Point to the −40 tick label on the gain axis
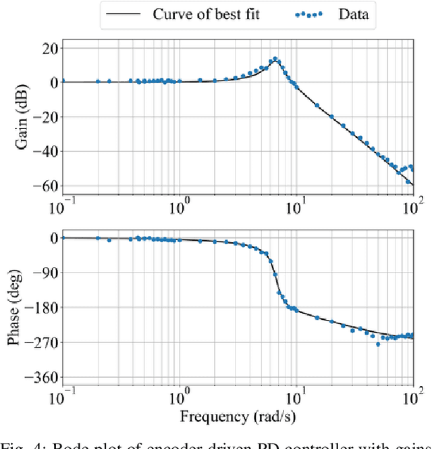pos(44,151)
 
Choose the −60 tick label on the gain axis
pos(44,185)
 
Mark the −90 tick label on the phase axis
pos(44,273)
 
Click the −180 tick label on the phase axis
pos(40,307)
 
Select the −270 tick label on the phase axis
pos(40,342)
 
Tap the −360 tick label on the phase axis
pos(40,377)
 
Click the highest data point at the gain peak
pos(275,59)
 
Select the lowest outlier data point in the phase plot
pos(378,344)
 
